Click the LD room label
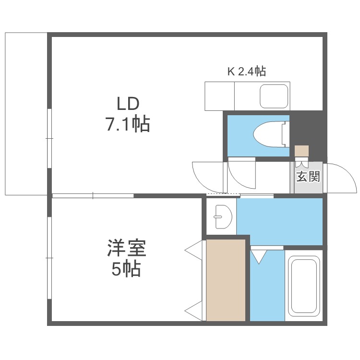128,104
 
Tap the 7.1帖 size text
128,124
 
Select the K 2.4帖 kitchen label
247,72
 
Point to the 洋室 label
127,248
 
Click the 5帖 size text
126,269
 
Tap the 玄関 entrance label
308,177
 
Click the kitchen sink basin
274,96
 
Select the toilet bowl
269,134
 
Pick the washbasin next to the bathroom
223,216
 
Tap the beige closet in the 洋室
226,280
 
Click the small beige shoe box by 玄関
302,151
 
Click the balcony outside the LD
26,114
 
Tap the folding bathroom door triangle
259,257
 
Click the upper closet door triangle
193,251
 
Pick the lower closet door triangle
193,311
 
